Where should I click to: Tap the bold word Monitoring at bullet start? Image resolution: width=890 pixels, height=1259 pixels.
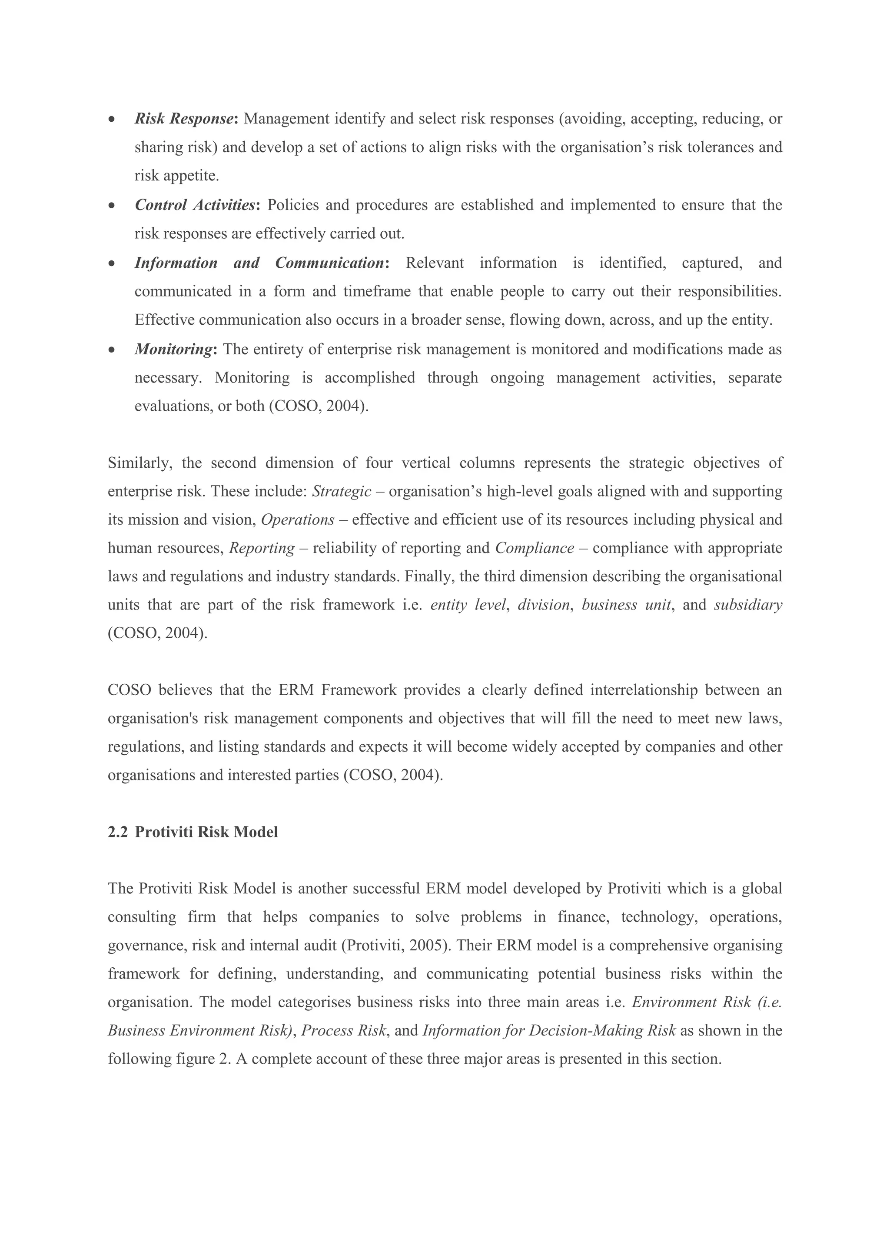click(x=174, y=349)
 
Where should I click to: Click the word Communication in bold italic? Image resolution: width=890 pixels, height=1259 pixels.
click(x=329, y=263)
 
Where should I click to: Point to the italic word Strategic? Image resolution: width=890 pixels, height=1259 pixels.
click(x=342, y=491)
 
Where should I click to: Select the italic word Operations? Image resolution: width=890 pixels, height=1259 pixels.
click(x=298, y=520)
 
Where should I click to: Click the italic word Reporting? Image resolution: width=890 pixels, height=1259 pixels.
click(x=262, y=548)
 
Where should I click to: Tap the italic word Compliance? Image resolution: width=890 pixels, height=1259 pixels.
click(x=535, y=548)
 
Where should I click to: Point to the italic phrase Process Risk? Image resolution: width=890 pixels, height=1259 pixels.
click(x=344, y=1031)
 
